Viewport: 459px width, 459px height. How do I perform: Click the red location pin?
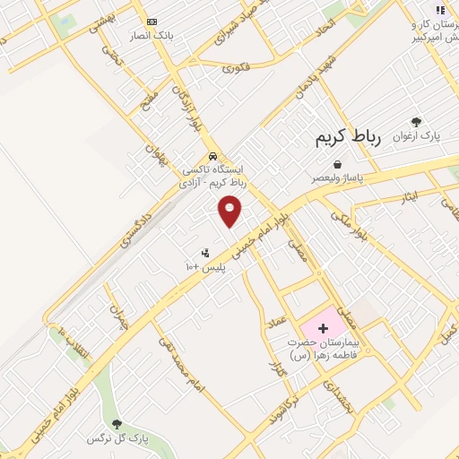(230, 211)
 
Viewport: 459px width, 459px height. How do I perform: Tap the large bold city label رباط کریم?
(348, 137)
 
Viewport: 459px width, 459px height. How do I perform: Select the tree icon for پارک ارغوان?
(415, 122)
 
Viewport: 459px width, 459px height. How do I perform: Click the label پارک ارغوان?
(420, 136)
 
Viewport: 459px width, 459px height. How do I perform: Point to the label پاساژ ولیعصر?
(336, 178)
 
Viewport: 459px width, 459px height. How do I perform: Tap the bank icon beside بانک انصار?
(151, 22)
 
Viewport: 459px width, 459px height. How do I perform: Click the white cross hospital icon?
(323, 329)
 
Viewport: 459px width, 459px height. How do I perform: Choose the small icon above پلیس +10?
(205, 253)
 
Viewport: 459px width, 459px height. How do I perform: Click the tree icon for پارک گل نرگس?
(116, 424)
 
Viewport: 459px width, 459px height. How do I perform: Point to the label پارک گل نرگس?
(116, 438)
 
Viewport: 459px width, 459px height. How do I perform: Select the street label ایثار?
(410, 195)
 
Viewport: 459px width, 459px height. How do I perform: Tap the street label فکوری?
(236, 67)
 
